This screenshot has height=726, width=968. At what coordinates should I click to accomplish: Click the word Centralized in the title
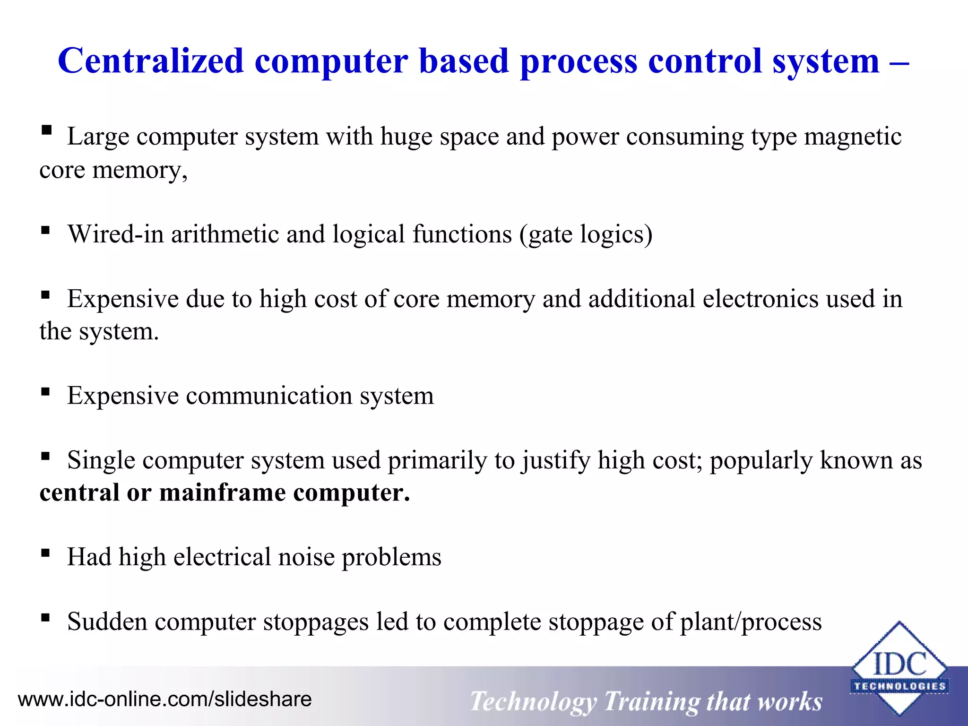coord(150,61)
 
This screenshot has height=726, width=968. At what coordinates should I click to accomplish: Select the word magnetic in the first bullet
coord(853,137)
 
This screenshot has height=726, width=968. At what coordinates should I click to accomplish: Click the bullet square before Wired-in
coord(45,231)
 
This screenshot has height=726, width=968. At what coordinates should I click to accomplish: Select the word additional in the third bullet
coord(642,299)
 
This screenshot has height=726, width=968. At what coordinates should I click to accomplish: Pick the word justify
coord(556,461)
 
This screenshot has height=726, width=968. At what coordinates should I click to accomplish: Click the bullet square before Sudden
coord(45,617)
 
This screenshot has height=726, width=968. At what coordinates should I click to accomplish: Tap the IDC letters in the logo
coord(899,664)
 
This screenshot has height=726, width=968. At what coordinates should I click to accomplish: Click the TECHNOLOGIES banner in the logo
coord(899,686)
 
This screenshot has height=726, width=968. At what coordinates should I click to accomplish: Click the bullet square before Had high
coord(45,553)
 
